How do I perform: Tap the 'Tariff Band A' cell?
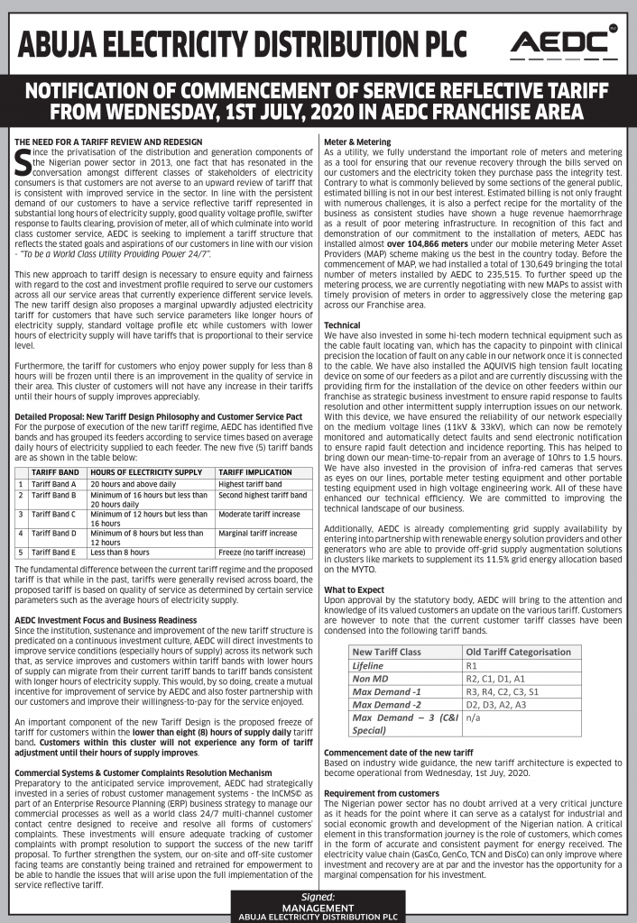coord(53,484)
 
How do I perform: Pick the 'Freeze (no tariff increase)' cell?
coord(262,552)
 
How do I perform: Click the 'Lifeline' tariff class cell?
coord(367,665)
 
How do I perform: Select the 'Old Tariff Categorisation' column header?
coord(518,652)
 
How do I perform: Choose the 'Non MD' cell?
coord(369,679)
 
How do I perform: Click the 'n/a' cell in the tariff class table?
coord(473,718)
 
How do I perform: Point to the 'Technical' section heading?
coord(342,324)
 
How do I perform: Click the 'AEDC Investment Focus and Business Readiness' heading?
coord(106,621)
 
